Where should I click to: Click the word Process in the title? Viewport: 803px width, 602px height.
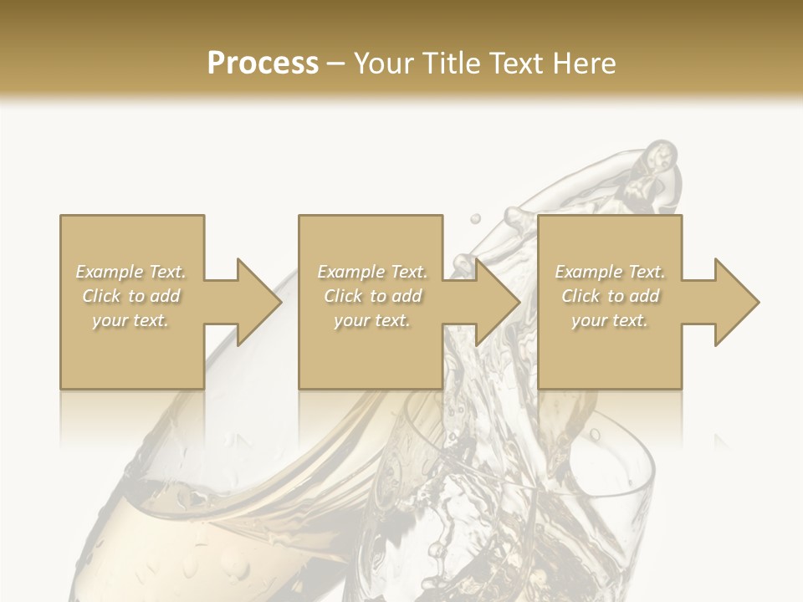click(263, 64)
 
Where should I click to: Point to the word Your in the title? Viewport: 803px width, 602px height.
click(386, 64)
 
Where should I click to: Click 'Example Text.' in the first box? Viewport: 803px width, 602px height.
click(131, 272)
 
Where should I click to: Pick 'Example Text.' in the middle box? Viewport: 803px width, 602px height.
click(372, 272)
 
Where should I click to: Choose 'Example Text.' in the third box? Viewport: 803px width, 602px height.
click(610, 272)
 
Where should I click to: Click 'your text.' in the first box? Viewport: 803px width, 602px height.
click(131, 320)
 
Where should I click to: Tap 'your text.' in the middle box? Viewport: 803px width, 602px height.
click(372, 320)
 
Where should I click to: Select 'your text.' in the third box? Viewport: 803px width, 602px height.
click(610, 320)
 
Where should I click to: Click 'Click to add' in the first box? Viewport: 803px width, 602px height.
click(131, 296)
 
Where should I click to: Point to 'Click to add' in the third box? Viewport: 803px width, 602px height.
click(610, 296)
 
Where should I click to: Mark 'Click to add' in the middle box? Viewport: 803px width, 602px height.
click(372, 296)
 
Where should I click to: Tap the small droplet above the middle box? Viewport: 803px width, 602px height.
click(475, 218)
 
